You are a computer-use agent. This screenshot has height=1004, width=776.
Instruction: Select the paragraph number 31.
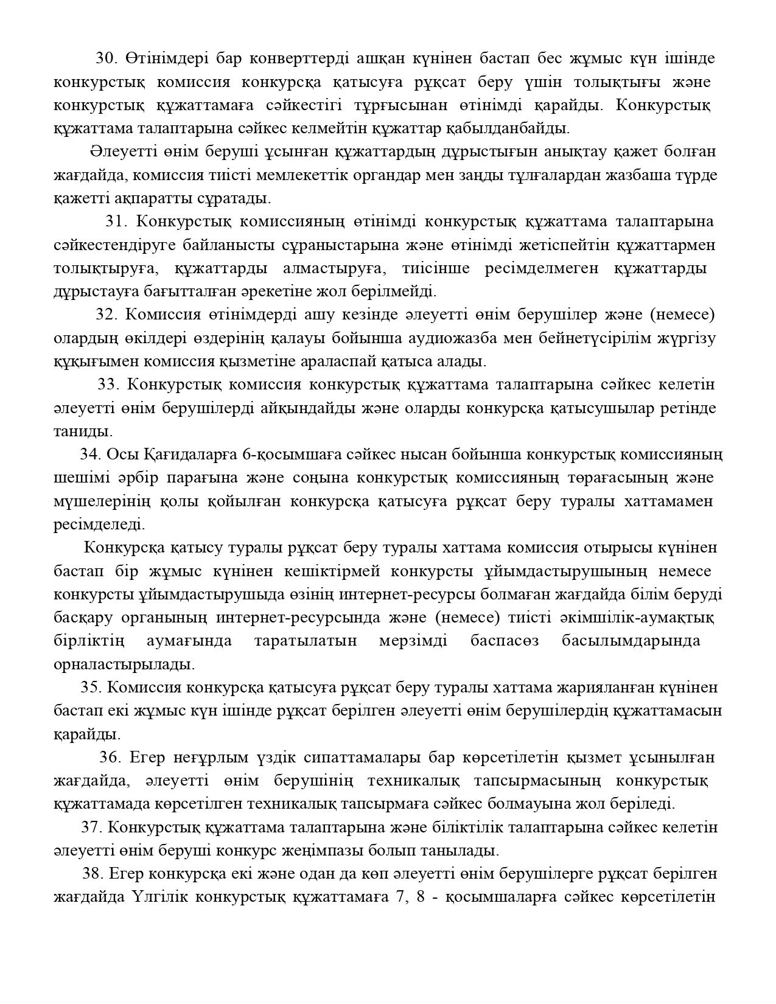click(116, 221)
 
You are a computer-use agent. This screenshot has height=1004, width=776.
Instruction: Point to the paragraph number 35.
click(90, 688)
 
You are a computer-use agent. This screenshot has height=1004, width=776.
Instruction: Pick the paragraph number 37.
click(91, 828)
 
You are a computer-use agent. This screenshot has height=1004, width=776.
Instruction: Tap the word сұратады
click(234, 198)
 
